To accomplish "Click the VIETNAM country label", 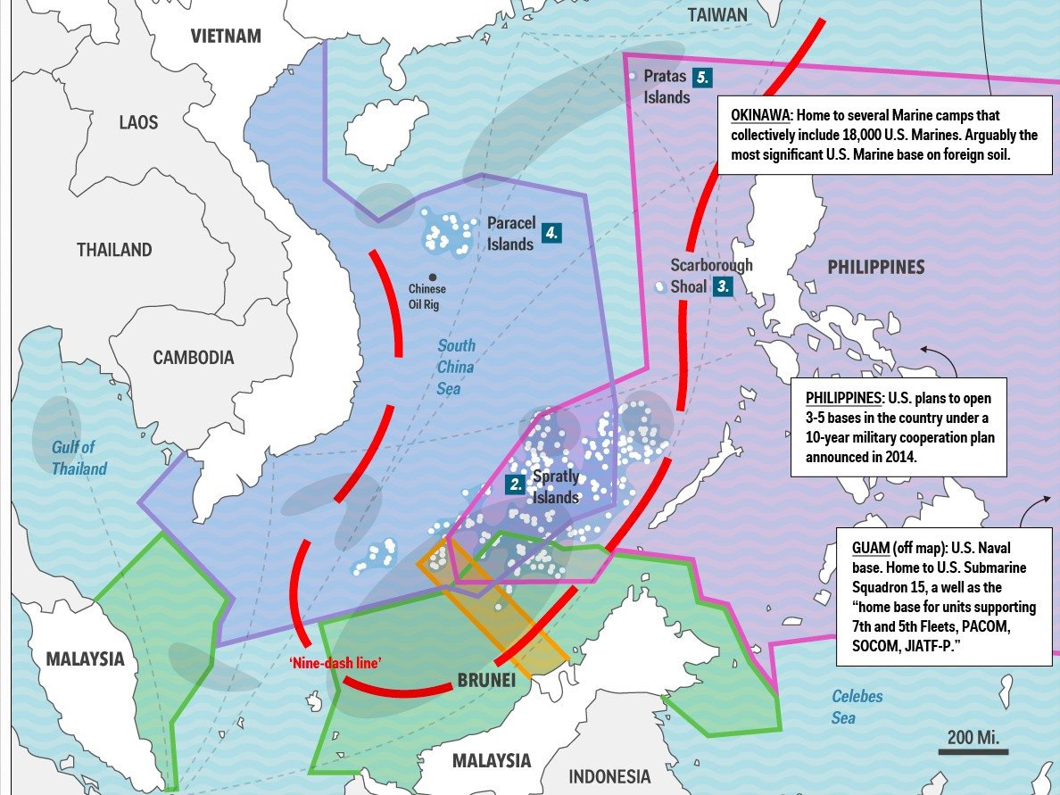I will click(x=226, y=37).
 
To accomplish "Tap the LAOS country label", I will click(x=138, y=122).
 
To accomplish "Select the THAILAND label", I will click(x=114, y=250).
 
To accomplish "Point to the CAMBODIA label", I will click(x=193, y=358).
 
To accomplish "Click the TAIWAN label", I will click(x=717, y=15).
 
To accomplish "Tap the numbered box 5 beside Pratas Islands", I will click(x=703, y=78).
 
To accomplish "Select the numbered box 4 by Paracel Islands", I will click(x=552, y=234).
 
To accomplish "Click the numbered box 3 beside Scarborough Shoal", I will click(x=724, y=286).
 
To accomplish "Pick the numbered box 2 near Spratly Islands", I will click(x=515, y=484).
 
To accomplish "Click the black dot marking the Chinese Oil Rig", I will click(x=432, y=277).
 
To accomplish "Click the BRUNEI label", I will click(x=486, y=681).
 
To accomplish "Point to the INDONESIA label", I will click(x=609, y=775).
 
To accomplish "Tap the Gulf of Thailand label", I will click(x=79, y=458).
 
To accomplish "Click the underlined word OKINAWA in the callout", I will click(x=761, y=116).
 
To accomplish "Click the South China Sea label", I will click(x=456, y=367).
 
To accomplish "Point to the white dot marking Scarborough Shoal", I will click(x=659, y=287).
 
